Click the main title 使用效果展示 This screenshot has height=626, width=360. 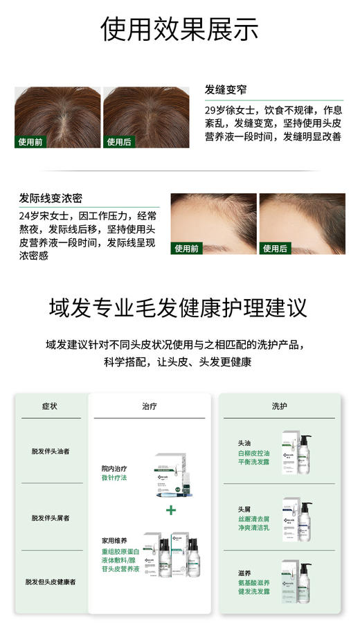click(x=179, y=29)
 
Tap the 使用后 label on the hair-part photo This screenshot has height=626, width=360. click(x=119, y=142)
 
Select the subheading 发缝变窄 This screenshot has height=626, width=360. click(x=226, y=90)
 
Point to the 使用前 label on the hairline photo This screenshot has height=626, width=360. click(x=187, y=249)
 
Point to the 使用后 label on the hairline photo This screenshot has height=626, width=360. click(x=276, y=249)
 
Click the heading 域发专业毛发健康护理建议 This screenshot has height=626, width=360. click(x=179, y=307)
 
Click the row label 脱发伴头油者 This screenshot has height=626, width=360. click(x=50, y=451)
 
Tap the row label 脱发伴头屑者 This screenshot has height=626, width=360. click(x=50, y=517)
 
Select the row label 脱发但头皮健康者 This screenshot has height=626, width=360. click(x=50, y=582)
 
